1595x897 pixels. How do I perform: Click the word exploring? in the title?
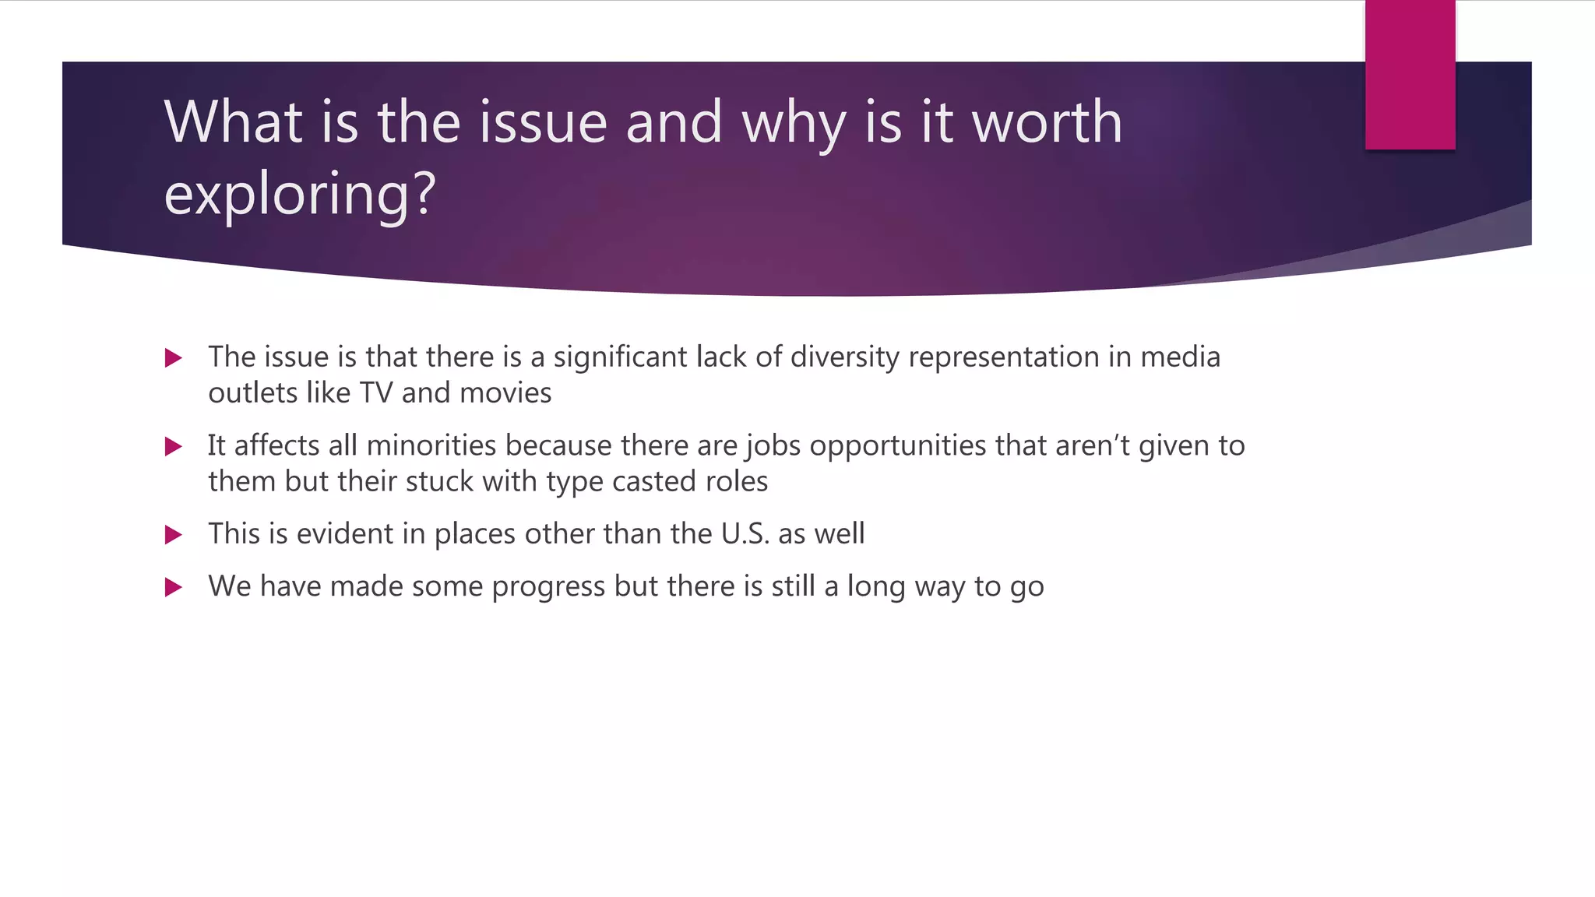pos(300,195)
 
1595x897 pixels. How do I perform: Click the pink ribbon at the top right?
pos(1410,75)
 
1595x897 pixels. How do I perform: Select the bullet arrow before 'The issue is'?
pos(173,358)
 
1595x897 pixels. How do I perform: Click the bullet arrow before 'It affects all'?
pos(173,446)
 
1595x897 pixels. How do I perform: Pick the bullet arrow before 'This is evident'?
pos(173,535)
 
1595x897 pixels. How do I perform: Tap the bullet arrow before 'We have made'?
pos(173,587)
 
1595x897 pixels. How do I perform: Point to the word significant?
pos(620,357)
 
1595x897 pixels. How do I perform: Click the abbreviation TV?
pos(375,392)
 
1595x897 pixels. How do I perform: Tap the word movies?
pos(505,392)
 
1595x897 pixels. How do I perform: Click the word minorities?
pos(431,445)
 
